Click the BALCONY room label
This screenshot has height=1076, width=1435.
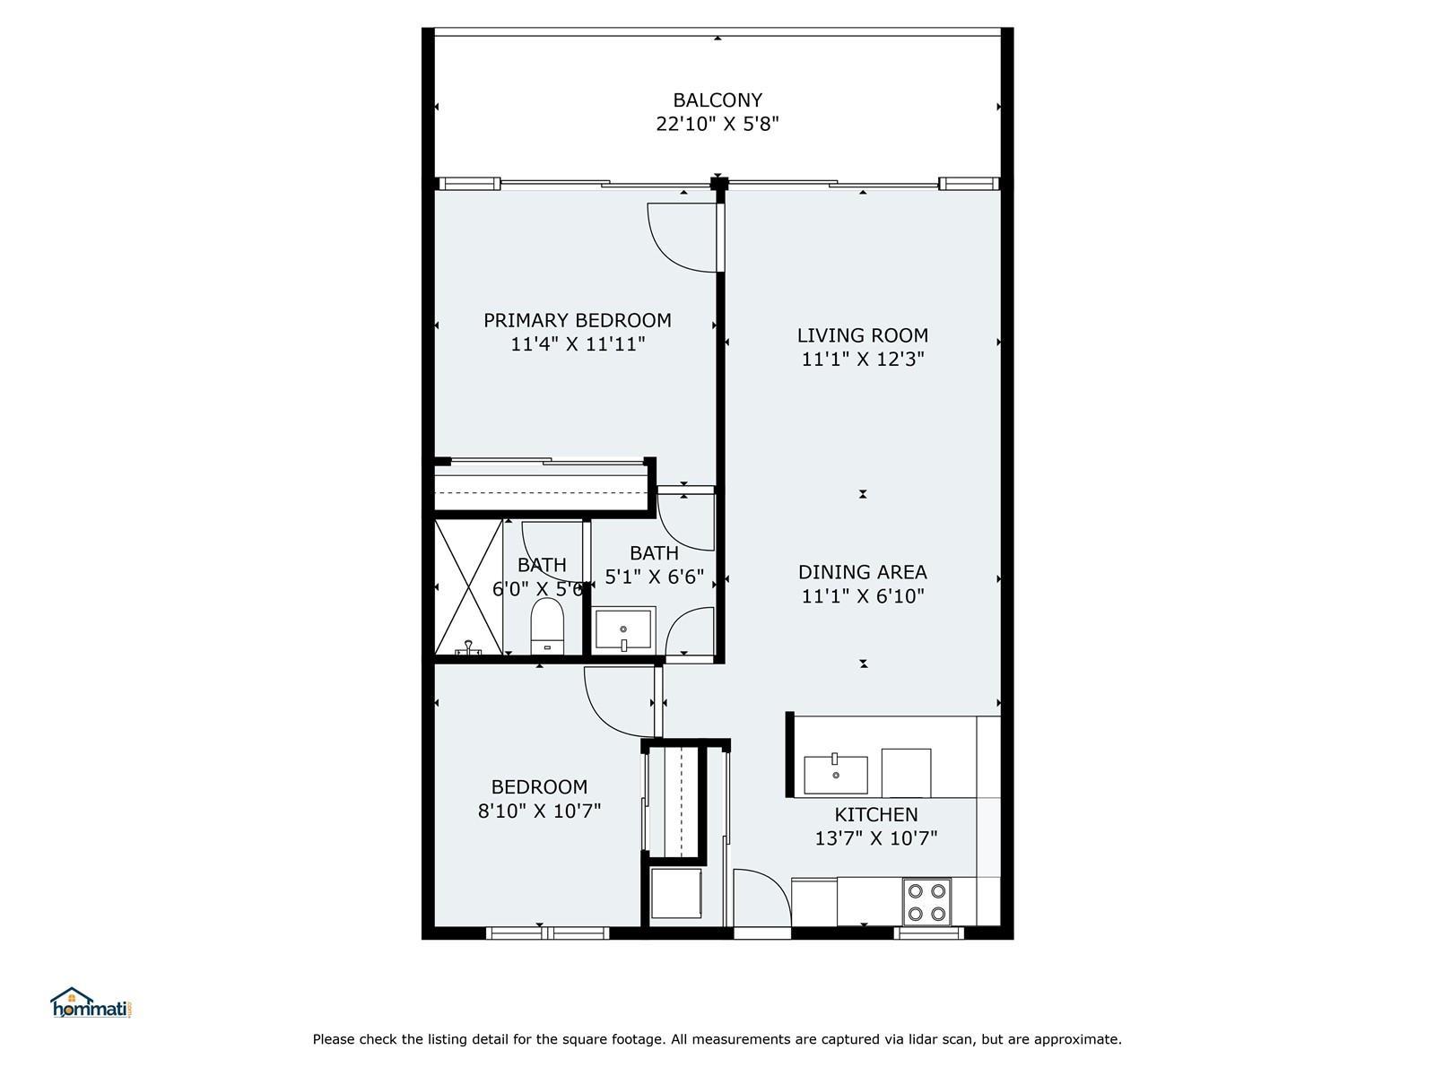coord(717,100)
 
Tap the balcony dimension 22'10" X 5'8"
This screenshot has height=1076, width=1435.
coord(717,124)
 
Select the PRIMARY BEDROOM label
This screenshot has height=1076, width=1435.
coord(578,320)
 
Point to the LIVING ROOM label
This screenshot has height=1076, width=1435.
coord(862,335)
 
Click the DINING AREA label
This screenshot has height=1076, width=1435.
coord(862,572)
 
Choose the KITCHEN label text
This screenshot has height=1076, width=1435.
coord(876,815)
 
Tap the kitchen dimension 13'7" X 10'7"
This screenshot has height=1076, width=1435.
coord(876,838)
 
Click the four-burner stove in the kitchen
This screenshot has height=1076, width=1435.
coord(927,902)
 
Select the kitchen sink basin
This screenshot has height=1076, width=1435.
coord(836,775)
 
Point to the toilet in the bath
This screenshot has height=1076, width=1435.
coord(547,626)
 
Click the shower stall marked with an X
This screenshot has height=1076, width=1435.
coord(469,586)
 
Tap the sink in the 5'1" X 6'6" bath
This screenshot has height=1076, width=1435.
coord(623,629)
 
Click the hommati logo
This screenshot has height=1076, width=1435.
coord(91,1002)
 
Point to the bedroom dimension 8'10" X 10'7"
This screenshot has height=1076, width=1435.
coord(539,811)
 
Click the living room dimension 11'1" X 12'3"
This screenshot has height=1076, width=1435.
coord(862,359)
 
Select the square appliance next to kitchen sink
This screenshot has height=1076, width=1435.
coord(906,773)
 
